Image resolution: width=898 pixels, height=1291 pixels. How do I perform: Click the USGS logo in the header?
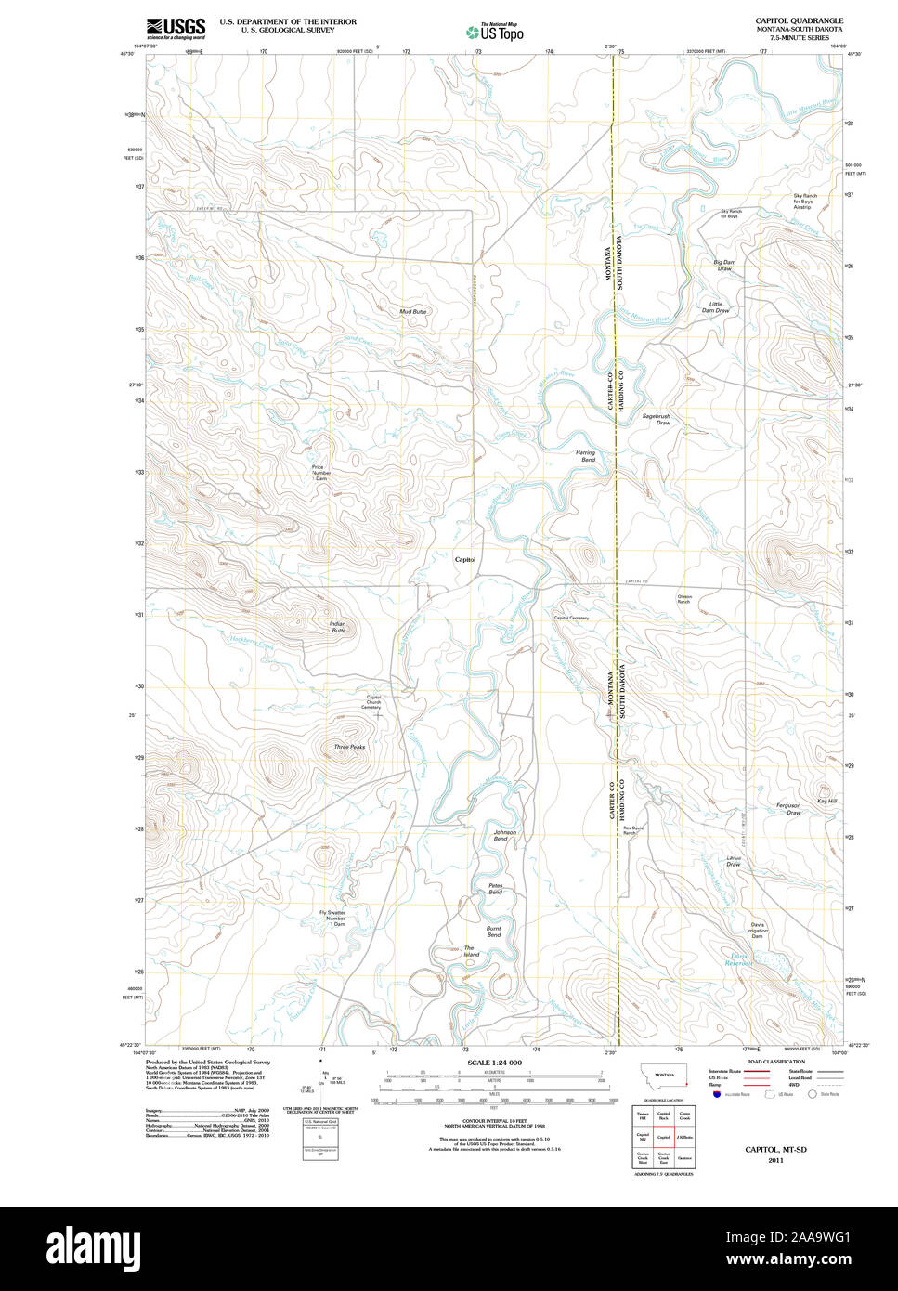click(176, 29)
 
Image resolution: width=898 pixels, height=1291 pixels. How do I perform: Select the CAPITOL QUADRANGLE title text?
click(799, 20)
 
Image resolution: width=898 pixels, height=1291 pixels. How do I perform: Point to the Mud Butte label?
click(412, 312)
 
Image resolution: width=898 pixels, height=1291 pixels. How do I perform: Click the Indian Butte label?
click(337, 627)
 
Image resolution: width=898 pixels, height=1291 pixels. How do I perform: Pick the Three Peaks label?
click(349, 747)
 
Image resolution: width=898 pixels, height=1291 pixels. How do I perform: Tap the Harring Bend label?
click(586, 456)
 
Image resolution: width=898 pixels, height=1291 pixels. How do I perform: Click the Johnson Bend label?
click(504, 835)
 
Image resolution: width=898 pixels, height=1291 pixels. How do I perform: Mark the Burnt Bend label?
click(494, 932)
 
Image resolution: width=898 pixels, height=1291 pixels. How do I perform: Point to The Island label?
click(472, 951)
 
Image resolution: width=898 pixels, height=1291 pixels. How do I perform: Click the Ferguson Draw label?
click(788, 809)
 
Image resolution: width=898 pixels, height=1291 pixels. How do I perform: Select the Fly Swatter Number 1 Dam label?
click(332, 919)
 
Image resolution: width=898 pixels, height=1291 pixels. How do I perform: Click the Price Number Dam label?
click(321, 473)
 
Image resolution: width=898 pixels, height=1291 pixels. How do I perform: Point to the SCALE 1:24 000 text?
click(494, 1063)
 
